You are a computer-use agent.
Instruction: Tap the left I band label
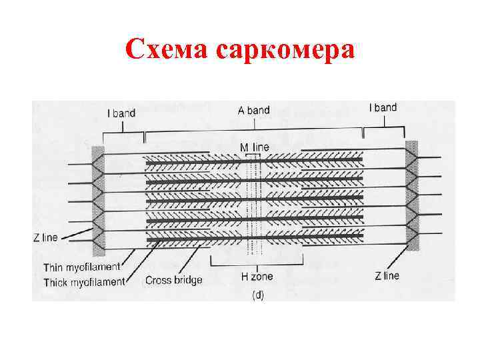(x=121, y=113)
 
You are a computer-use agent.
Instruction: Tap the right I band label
(x=383, y=107)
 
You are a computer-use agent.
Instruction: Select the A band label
(x=254, y=110)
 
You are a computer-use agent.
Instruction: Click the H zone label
(x=256, y=275)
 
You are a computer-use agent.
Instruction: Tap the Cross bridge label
(x=173, y=280)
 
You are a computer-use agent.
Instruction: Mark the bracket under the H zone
(x=257, y=261)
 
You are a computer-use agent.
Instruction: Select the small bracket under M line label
(x=253, y=155)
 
